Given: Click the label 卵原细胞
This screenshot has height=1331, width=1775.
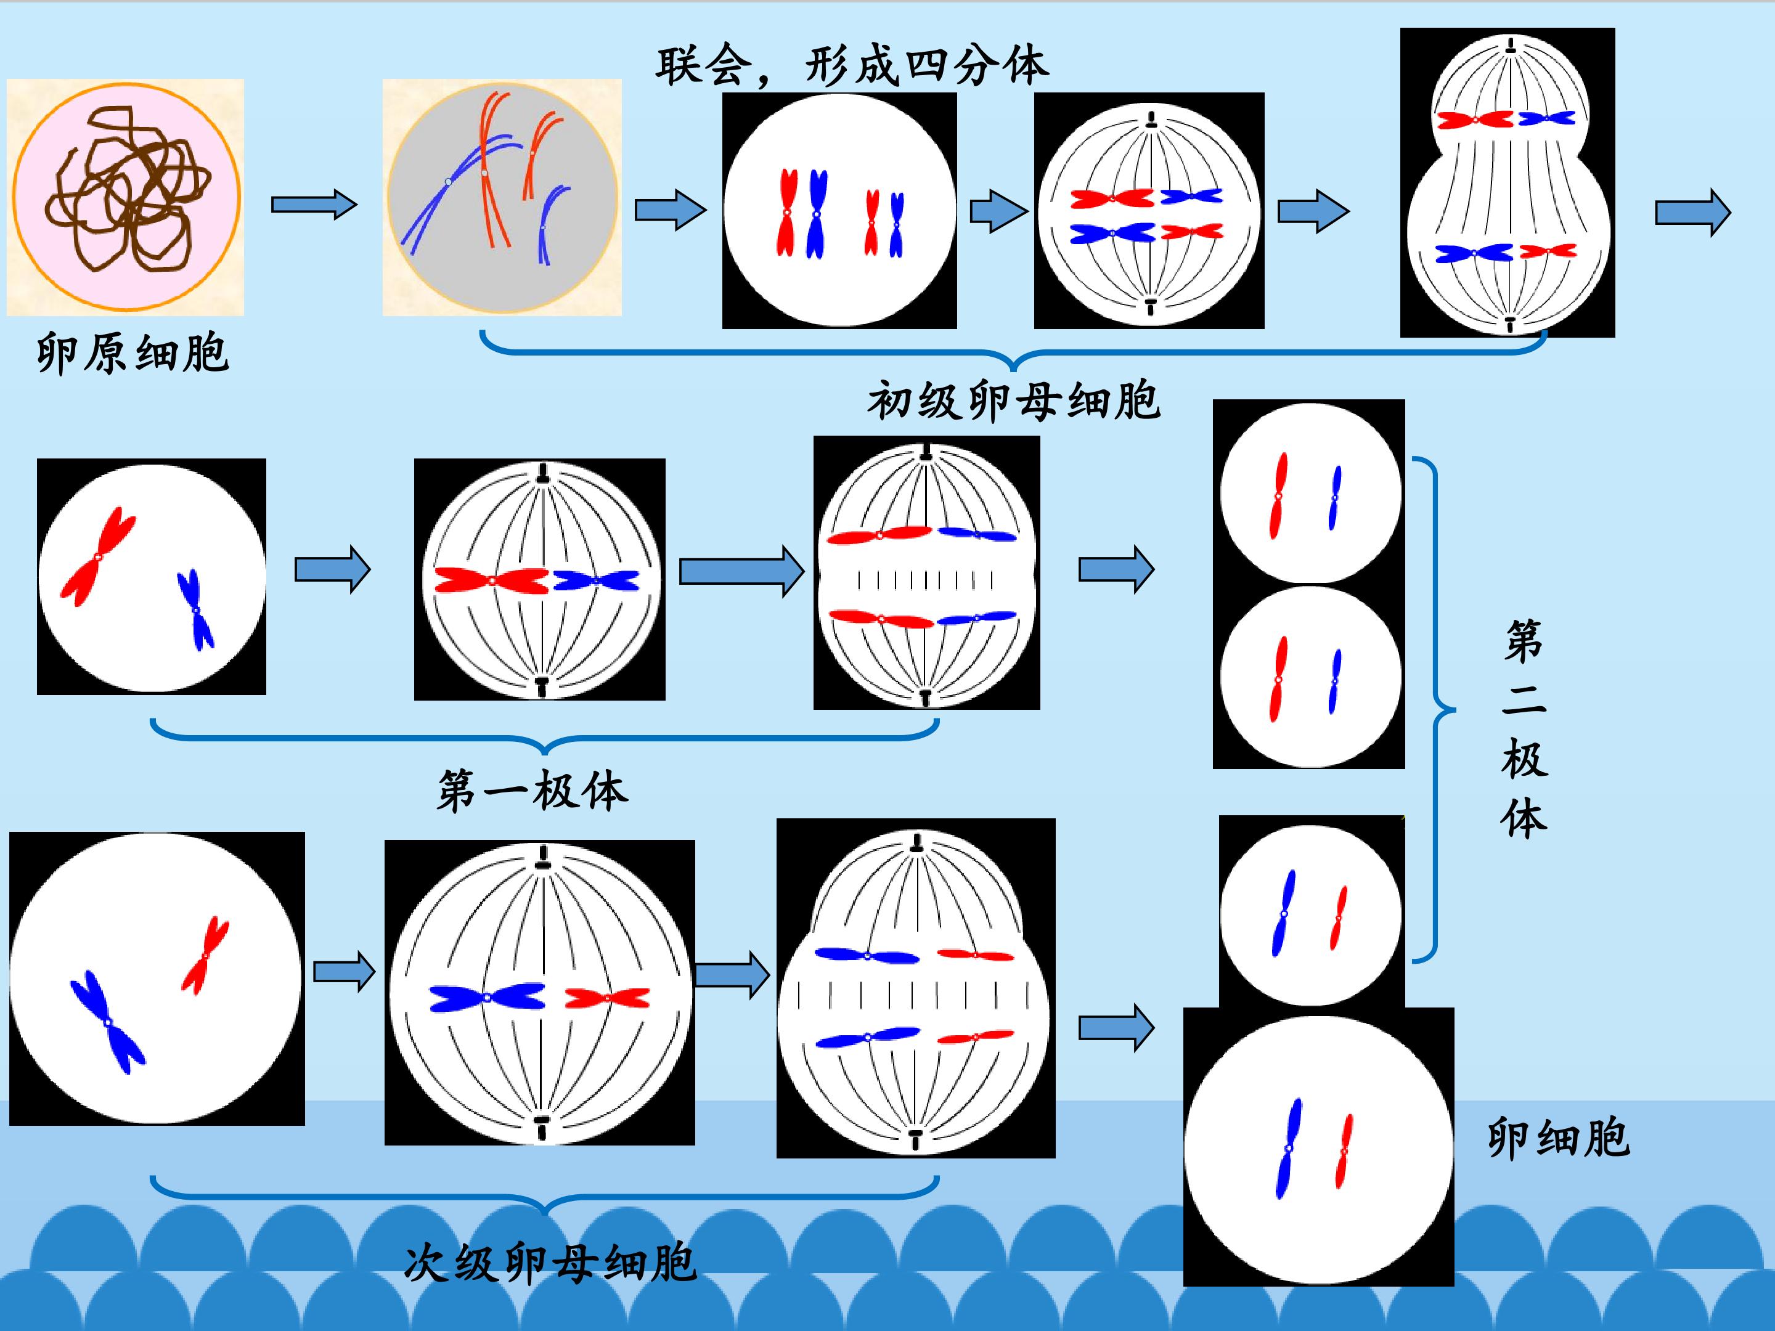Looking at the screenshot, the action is (x=133, y=354).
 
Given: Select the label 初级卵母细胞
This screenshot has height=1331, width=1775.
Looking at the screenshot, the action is (x=1013, y=401).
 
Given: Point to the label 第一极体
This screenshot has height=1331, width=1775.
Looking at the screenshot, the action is (x=532, y=791).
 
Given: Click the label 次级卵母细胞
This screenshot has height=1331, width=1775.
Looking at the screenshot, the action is (x=550, y=1262).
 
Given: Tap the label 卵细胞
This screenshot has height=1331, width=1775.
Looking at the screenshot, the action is (x=1558, y=1138).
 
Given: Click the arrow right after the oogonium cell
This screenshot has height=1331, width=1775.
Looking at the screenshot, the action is (x=314, y=205).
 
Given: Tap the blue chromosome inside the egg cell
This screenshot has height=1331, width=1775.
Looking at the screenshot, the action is (x=1289, y=1148).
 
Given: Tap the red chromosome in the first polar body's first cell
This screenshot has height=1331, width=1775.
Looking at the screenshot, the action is (x=98, y=556).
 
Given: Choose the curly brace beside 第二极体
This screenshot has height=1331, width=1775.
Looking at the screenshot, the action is (x=1434, y=709).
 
